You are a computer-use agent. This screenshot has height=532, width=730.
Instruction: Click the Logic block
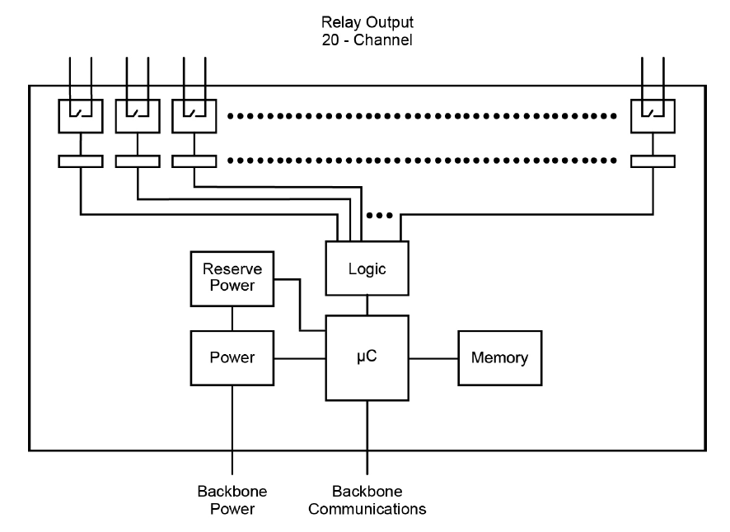(367, 268)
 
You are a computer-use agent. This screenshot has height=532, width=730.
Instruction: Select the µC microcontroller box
(367, 359)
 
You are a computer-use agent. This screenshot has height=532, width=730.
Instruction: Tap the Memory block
(499, 358)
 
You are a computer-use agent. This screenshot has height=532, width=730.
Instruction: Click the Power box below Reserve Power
(232, 359)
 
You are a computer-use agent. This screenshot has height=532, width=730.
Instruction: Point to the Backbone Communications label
(367, 500)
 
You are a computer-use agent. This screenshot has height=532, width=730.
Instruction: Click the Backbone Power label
(232, 500)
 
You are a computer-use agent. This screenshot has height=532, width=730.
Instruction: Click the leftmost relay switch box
(81, 114)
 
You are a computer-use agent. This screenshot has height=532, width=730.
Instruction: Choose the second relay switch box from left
(138, 114)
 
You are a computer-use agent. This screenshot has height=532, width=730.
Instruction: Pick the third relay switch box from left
(194, 114)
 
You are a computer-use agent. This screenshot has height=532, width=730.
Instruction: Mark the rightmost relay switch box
(652, 114)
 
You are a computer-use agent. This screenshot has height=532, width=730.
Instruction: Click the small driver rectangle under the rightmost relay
(652, 161)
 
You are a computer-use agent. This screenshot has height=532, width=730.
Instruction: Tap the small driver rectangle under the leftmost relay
(81, 161)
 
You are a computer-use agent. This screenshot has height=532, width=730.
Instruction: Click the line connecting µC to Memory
(433, 358)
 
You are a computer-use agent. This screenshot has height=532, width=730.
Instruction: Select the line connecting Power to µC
(300, 358)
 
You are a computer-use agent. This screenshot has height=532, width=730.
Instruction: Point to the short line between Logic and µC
(367, 305)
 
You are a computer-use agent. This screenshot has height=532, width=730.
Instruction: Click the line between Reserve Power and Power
(232, 317)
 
